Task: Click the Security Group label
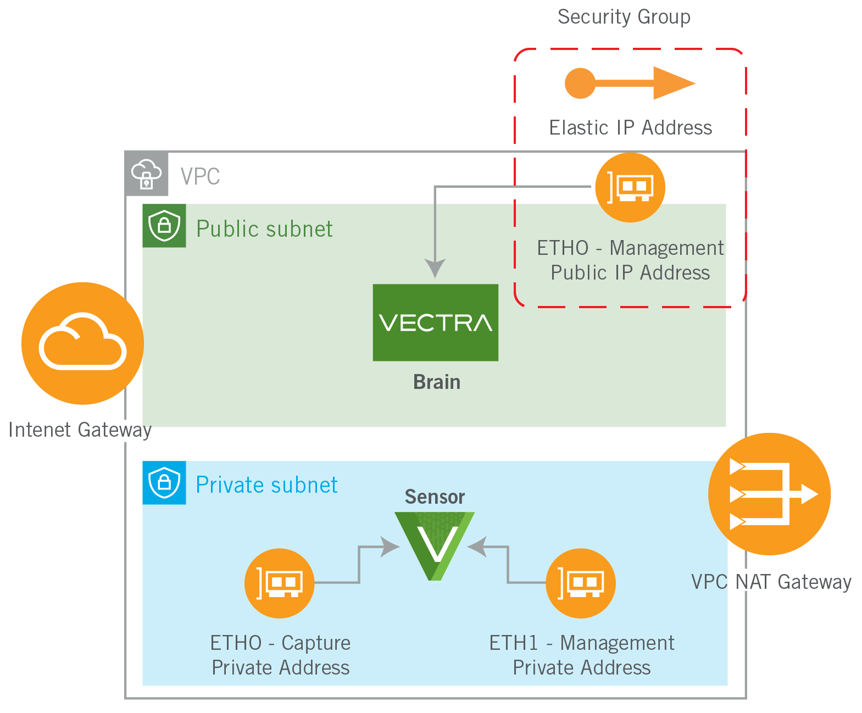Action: coord(624,16)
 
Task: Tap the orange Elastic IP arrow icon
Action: coord(630,83)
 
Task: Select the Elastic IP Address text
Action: coord(630,127)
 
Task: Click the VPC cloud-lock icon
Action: coord(147,174)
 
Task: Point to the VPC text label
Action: coord(200,176)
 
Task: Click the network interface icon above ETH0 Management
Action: coord(630,187)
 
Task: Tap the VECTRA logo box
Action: coord(435,322)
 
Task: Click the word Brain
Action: coord(437,382)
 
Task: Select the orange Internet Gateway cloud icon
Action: coord(82,343)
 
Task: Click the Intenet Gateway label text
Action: coord(80,430)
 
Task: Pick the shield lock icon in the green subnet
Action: coord(164,225)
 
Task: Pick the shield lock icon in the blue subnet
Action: coord(164,482)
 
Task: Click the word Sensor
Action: coord(435,497)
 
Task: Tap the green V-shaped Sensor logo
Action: coord(435,544)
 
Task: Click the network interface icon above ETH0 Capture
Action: coord(279,583)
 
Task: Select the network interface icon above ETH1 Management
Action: coord(581,583)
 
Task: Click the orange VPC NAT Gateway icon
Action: coord(769,494)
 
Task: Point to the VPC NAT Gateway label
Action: coord(771,582)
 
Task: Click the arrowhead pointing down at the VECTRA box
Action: coord(435,268)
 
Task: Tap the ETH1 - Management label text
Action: coord(581,643)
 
